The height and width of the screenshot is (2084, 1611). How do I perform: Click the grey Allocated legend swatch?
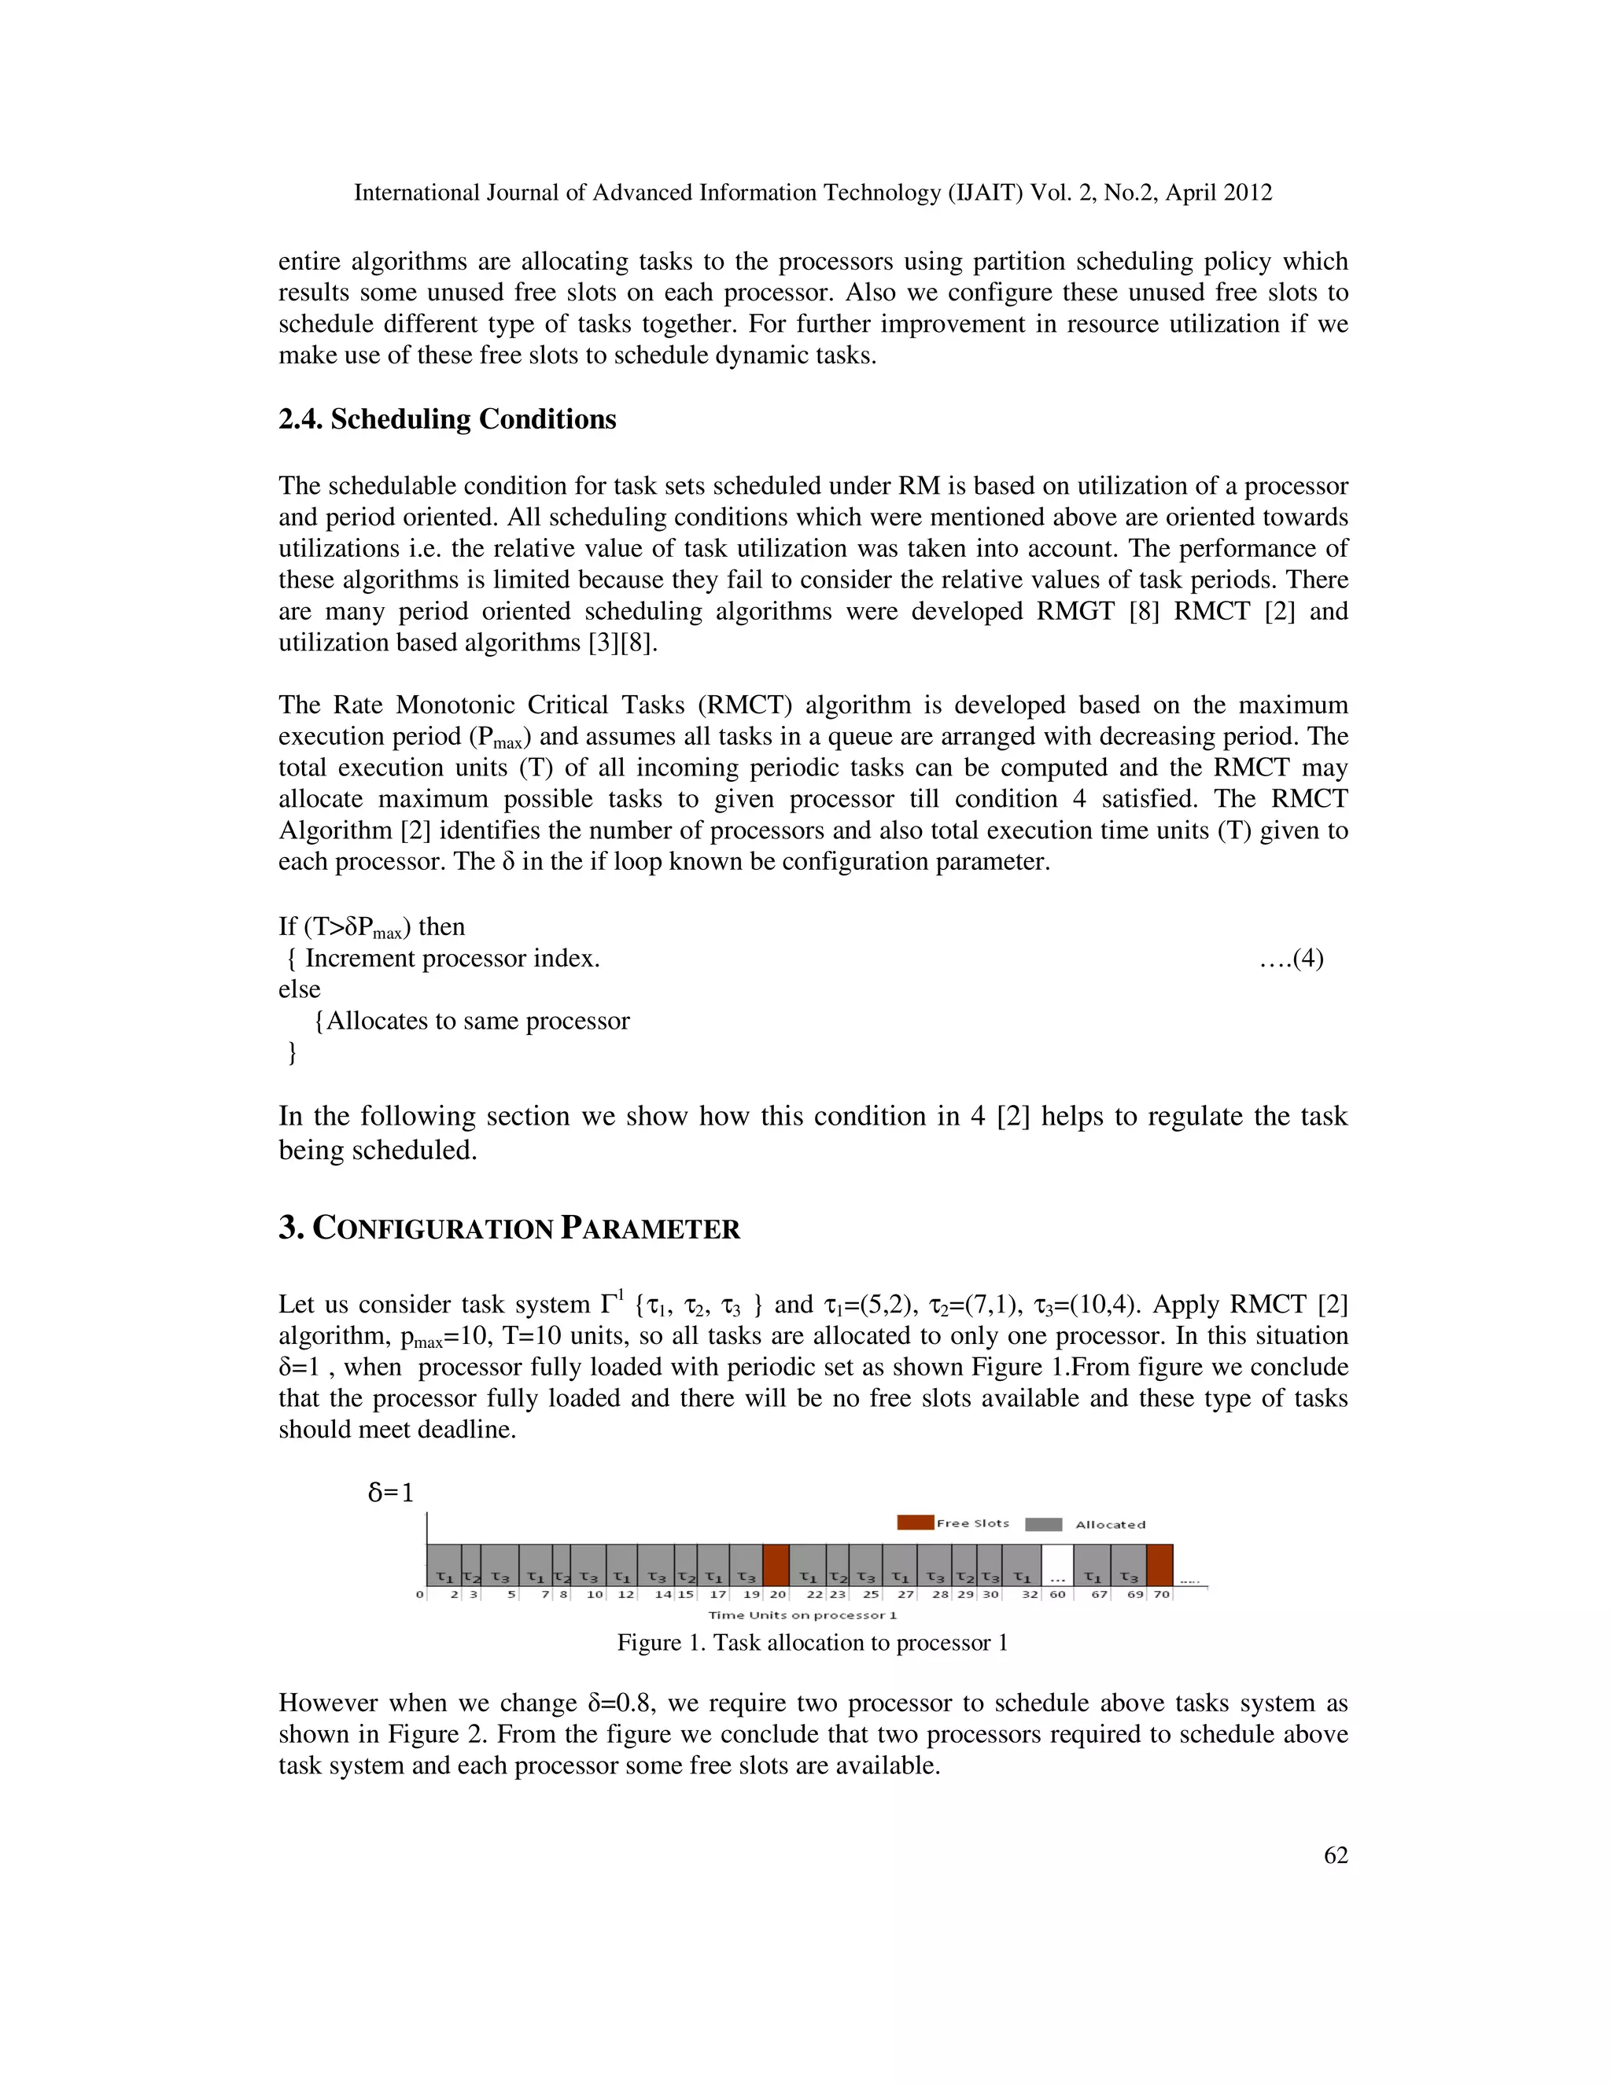1043,1524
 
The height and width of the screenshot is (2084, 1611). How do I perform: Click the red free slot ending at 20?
776,1565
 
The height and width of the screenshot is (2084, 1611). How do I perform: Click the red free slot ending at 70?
1159,1565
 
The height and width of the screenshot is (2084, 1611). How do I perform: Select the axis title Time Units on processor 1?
802,1615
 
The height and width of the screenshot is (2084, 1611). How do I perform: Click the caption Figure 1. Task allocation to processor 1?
812,1642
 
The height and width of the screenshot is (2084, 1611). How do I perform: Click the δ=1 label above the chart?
391,1493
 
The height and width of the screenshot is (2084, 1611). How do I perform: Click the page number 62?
1335,1855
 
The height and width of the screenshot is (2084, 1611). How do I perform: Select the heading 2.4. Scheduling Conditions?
447,419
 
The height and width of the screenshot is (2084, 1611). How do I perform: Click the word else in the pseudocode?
299,989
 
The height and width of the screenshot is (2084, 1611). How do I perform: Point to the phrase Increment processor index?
452,958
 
